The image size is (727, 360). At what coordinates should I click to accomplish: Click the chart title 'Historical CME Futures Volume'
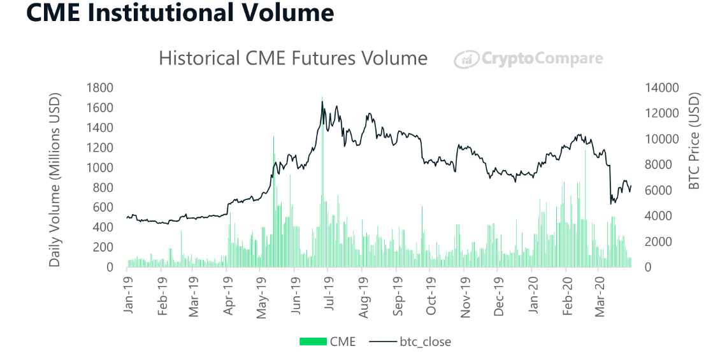[x=292, y=59]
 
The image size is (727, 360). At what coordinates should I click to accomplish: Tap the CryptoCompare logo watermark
[x=528, y=59]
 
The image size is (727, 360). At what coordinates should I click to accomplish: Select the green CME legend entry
[x=328, y=342]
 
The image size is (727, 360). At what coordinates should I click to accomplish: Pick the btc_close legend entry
[x=415, y=342]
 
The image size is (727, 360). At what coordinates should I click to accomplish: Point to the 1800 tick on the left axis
[x=101, y=88]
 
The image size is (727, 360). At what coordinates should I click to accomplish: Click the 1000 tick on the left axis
[x=101, y=168]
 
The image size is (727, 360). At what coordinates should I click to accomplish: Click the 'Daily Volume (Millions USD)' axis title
[x=55, y=180]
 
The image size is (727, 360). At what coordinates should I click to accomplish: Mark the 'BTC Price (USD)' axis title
[x=695, y=141]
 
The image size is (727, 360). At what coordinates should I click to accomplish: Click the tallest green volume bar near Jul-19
[x=322, y=185]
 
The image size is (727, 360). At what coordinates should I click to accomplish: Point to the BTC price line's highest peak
[x=322, y=102]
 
